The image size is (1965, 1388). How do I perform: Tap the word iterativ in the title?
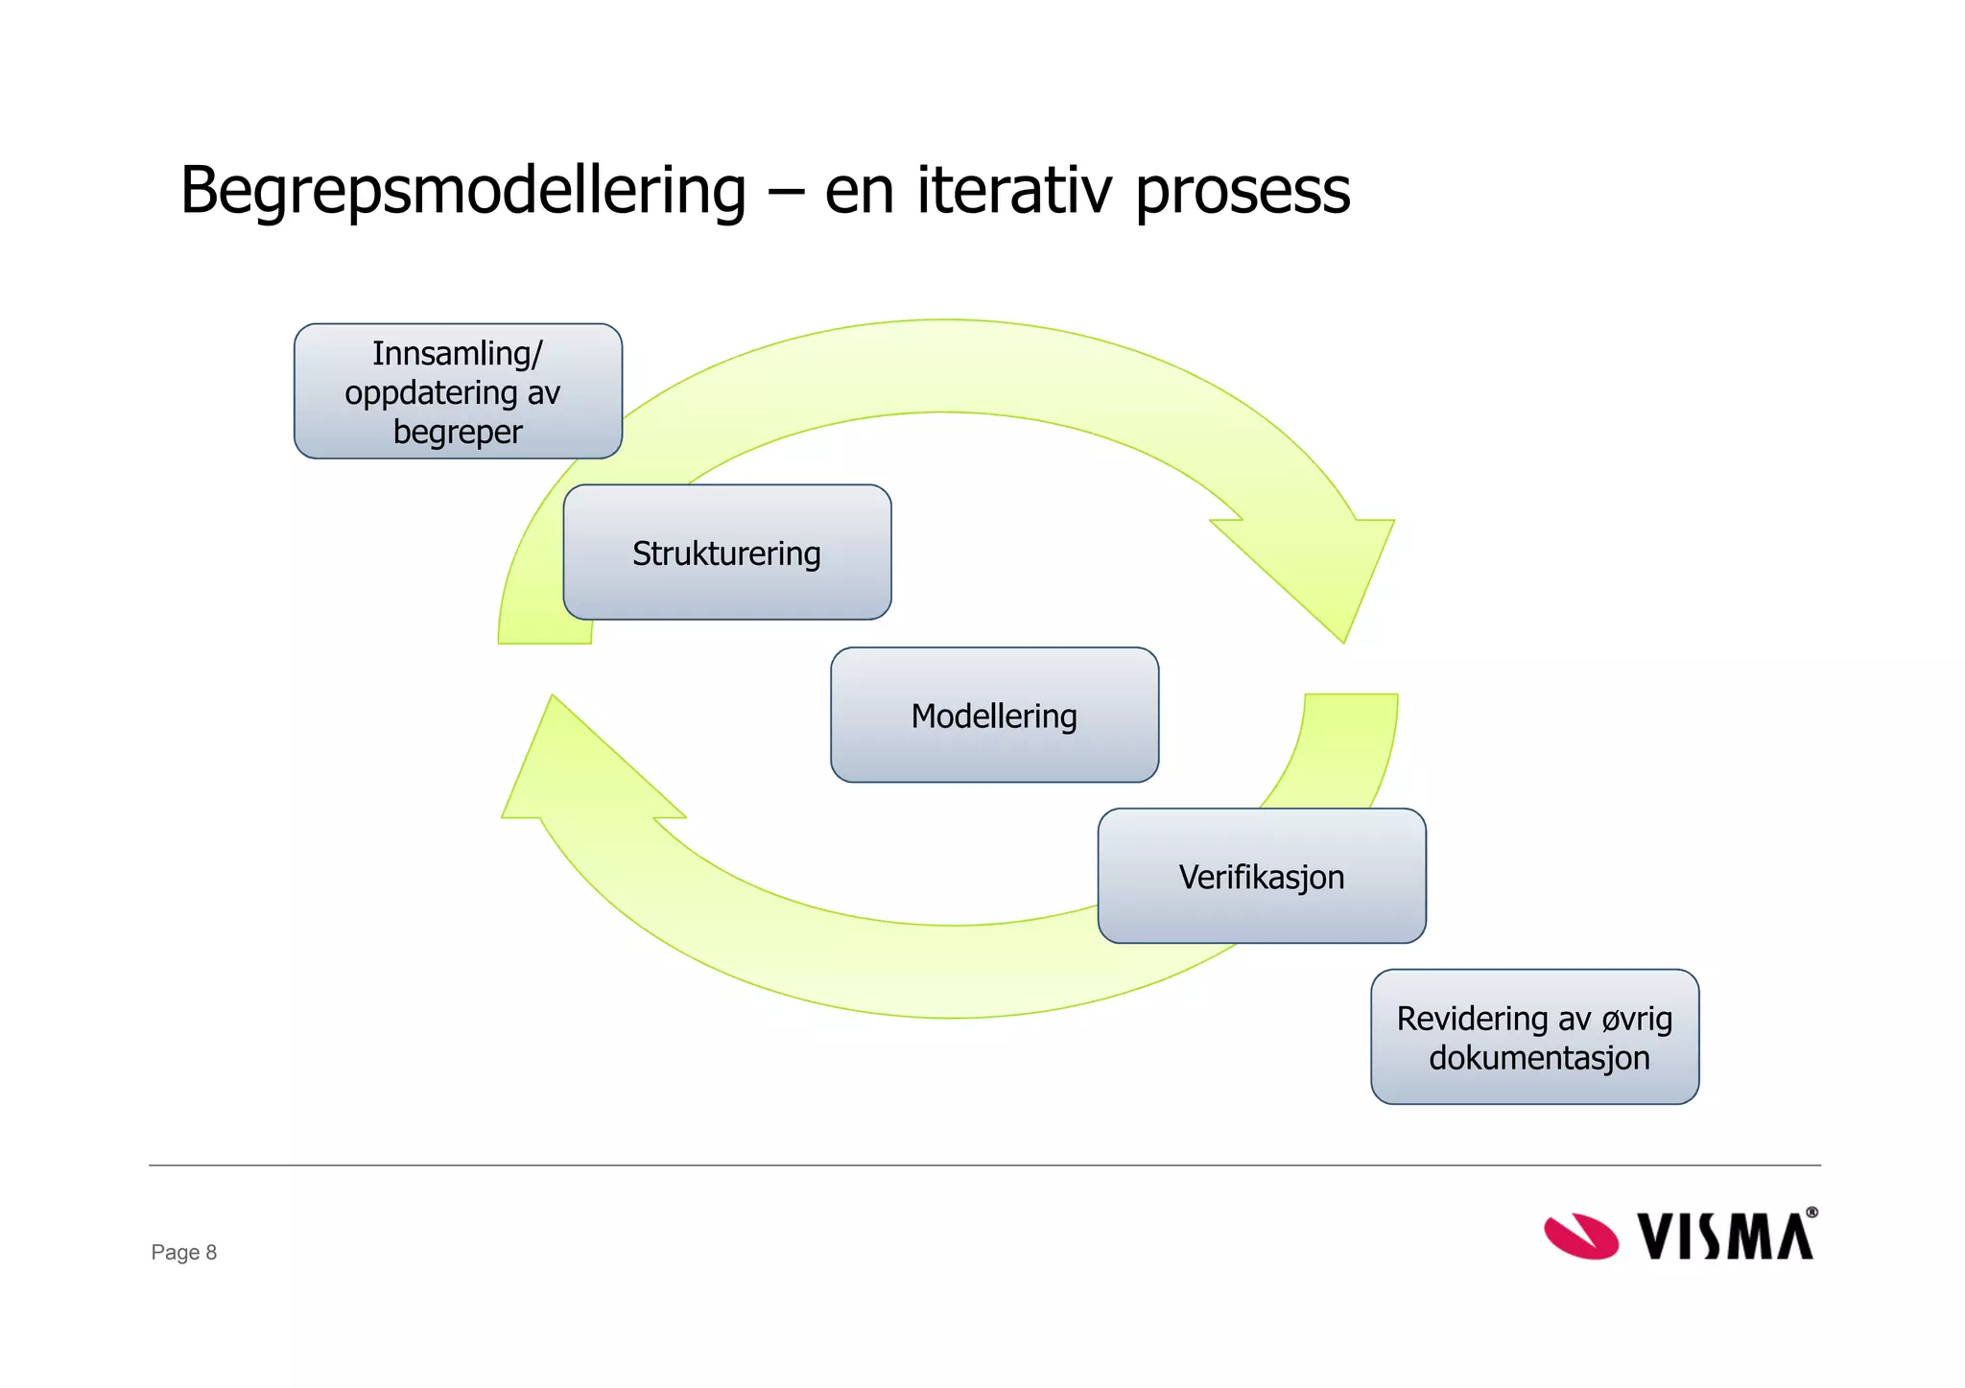[1015, 190]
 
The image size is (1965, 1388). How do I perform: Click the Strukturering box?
[726, 553]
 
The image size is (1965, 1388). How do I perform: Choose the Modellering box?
[994, 716]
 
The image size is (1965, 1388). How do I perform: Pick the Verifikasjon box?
[1261, 877]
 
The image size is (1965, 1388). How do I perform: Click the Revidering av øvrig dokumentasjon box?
[1534, 1037]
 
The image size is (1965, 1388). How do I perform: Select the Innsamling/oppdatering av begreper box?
[458, 391]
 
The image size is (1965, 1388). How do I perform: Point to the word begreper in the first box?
[458, 433]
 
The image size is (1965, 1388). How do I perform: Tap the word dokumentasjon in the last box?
[1539, 1058]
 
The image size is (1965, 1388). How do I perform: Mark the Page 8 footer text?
[184, 1252]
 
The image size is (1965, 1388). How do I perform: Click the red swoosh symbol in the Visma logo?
[1580, 1235]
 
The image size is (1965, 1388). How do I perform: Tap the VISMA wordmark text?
[1725, 1236]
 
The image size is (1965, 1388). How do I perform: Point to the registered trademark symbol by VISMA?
[1811, 1212]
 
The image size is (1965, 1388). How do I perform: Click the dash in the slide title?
[784, 191]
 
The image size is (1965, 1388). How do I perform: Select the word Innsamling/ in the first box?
[458, 354]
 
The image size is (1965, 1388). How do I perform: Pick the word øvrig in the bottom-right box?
[1637, 1019]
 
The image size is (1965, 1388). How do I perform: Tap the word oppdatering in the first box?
[431, 393]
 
